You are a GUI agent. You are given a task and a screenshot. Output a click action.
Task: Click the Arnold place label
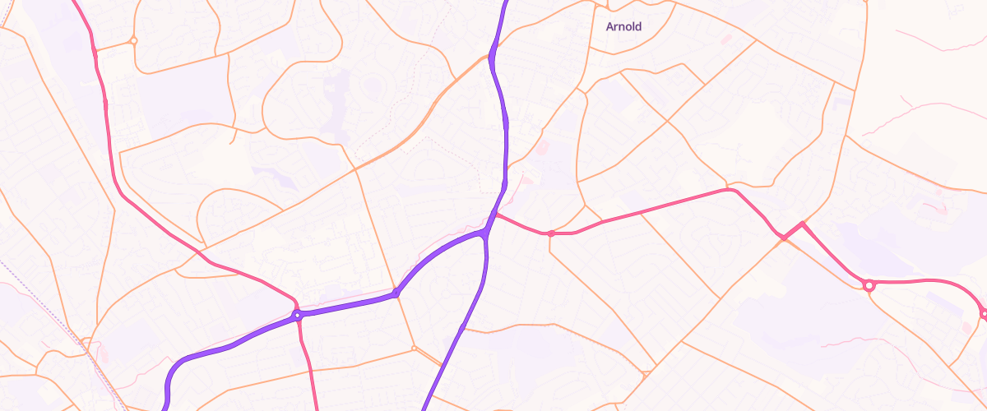[x=623, y=26]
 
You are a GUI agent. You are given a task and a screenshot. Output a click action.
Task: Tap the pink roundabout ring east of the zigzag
[x=869, y=285]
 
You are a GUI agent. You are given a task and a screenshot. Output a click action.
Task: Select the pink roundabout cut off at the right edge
[x=984, y=313]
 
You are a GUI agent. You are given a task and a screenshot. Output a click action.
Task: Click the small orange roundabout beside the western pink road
[x=133, y=40]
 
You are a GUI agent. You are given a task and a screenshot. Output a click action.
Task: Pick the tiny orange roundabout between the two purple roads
[x=415, y=349]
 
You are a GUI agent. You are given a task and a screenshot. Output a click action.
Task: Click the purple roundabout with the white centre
[x=296, y=315]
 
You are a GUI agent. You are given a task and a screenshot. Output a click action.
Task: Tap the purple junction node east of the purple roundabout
[x=396, y=292]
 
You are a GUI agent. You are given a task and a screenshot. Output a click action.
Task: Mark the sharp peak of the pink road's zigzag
[x=802, y=223]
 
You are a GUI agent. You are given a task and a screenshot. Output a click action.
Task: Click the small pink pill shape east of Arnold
[x=725, y=39]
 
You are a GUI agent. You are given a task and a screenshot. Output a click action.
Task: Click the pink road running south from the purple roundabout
[x=308, y=362]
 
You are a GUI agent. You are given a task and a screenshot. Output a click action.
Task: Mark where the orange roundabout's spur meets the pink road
[x=95, y=51]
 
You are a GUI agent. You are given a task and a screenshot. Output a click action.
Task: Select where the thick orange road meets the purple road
[x=491, y=57]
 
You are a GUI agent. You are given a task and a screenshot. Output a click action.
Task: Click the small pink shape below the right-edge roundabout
[x=966, y=327]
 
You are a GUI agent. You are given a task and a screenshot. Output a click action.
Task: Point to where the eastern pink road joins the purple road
[x=496, y=215]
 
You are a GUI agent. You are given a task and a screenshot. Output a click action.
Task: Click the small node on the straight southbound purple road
[x=462, y=328]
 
